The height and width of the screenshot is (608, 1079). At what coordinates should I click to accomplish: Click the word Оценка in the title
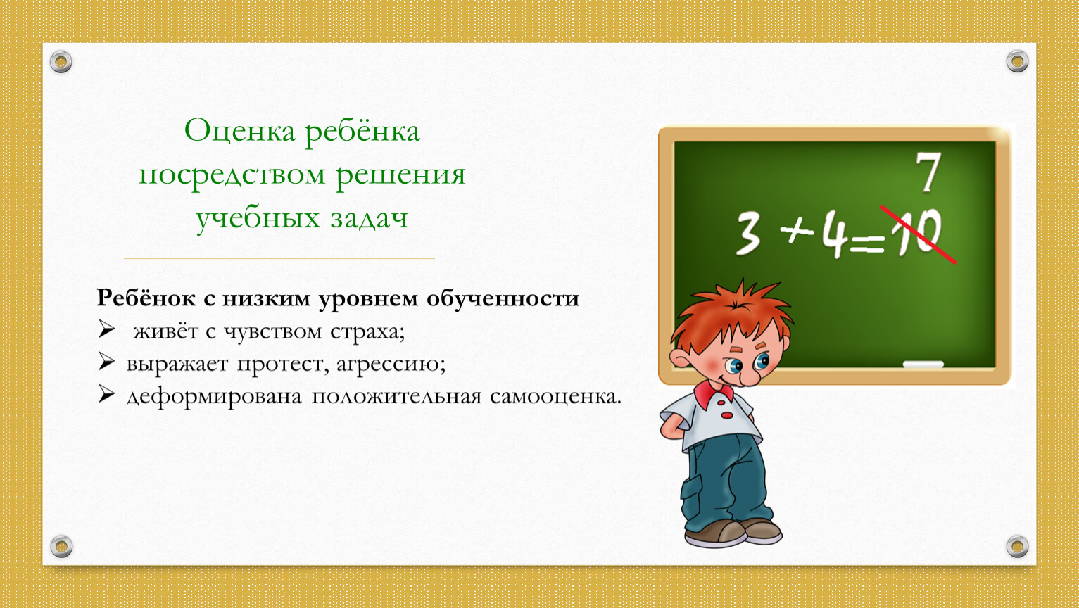239,131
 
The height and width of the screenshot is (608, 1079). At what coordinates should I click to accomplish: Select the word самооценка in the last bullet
556,396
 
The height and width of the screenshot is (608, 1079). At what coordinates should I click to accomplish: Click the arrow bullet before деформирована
106,394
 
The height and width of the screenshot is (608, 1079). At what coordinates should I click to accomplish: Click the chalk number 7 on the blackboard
928,172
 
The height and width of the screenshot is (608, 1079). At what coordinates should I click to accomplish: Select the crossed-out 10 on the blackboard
916,234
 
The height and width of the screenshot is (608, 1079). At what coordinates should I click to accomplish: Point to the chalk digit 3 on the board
749,234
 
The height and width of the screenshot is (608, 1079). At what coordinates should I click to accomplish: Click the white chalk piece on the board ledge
923,365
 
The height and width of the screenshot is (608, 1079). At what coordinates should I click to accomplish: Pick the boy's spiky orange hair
732,313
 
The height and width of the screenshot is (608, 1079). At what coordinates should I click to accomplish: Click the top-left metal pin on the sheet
61,62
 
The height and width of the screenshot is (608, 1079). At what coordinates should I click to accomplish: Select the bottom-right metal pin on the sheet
1017,546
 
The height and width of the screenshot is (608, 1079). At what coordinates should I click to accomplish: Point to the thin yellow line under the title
279,258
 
